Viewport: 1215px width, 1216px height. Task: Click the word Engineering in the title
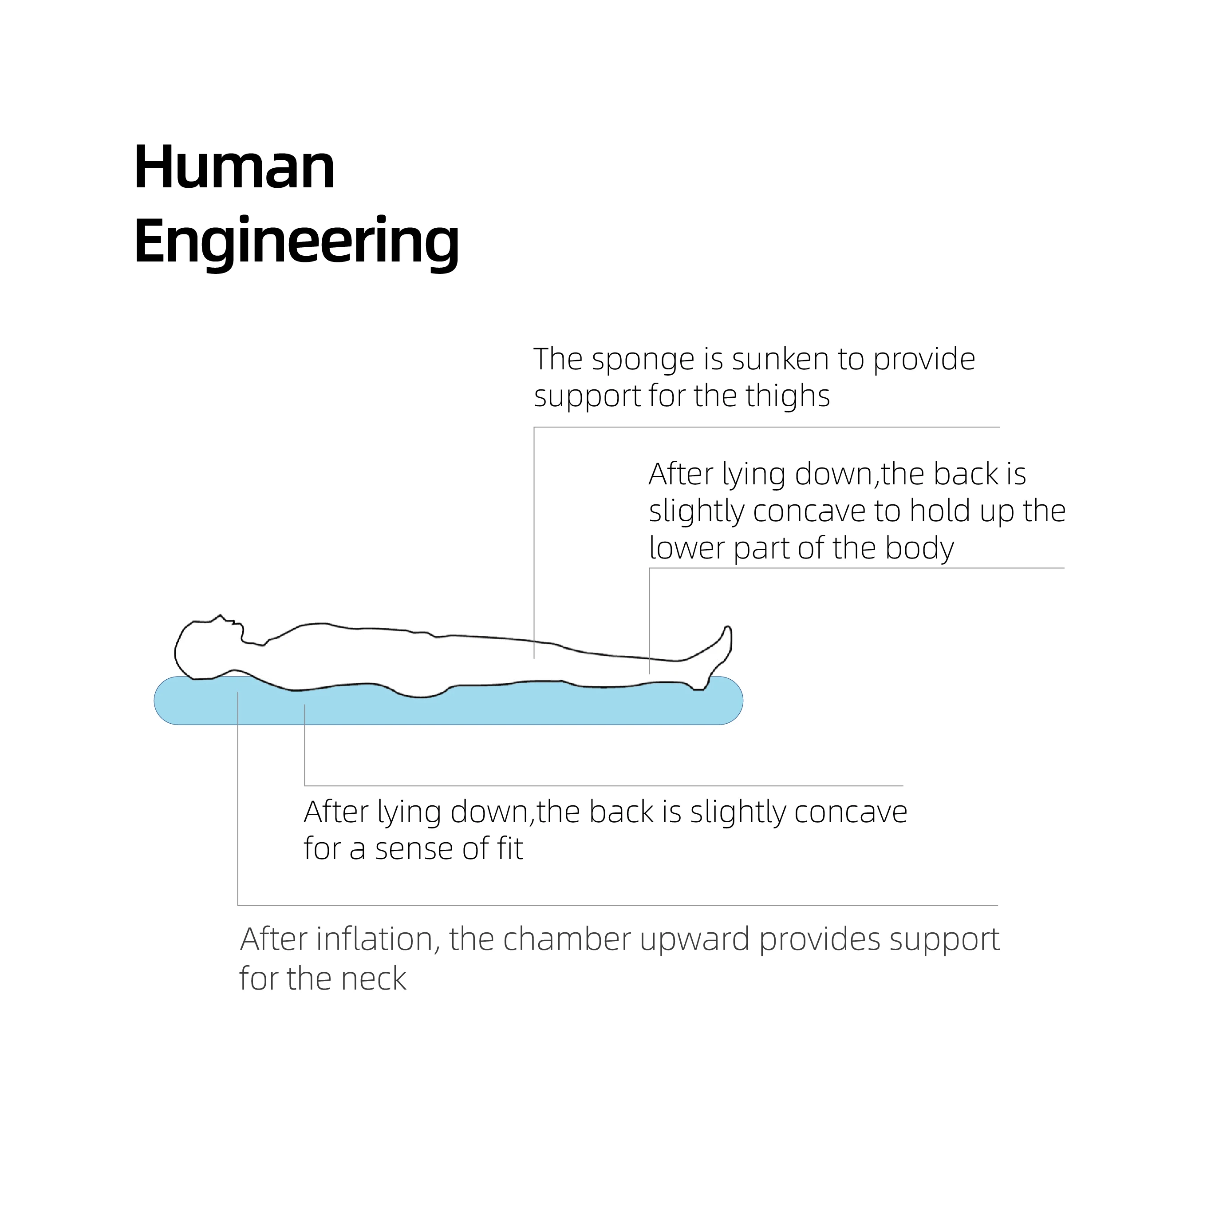[x=296, y=242]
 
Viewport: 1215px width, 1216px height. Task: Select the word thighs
[x=787, y=396]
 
